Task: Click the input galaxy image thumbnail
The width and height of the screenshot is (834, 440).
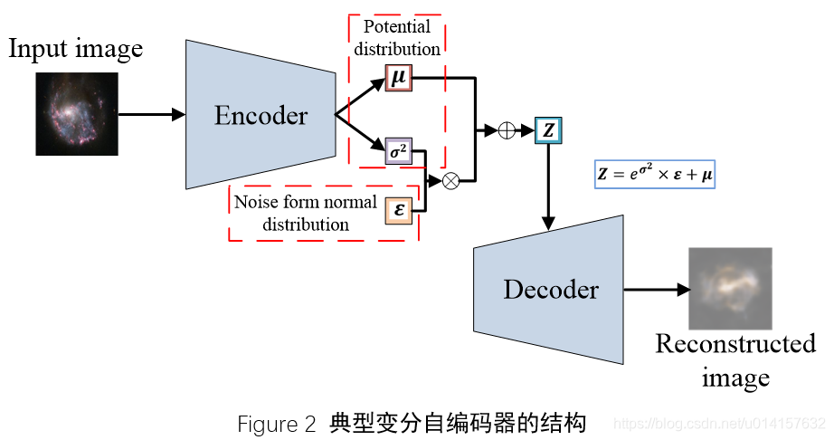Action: pyautogui.click(x=77, y=114)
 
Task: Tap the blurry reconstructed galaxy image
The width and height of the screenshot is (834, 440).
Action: pyautogui.click(x=730, y=289)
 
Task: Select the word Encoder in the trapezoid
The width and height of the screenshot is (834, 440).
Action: pyautogui.click(x=261, y=116)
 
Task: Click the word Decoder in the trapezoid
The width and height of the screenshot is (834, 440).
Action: pyautogui.click(x=551, y=290)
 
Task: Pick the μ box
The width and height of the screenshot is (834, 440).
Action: pyautogui.click(x=398, y=78)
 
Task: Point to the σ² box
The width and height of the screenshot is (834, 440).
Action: pyautogui.click(x=398, y=150)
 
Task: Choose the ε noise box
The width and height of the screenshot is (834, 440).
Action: pyautogui.click(x=398, y=210)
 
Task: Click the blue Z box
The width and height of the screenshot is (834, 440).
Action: pyautogui.click(x=548, y=130)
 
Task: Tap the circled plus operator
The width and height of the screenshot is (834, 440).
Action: pyautogui.click(x=507, y=130)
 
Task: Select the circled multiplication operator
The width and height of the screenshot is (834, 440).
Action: pyautogui.click(x=450, y=181)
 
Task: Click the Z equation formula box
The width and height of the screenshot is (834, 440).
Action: pyautogui.click(x=655, y=171)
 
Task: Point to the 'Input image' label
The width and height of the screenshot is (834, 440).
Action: pyautogui.click(x=76, y=48)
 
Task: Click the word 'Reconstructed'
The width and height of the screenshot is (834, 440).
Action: pyautogui.click(x=735, y=344)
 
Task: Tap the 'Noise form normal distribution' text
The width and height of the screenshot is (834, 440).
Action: pyautogui.click(x=305, y=213)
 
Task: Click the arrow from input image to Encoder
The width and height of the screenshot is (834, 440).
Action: pyautogui.click(x=151, y=115)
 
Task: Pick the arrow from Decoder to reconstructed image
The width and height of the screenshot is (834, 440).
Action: pyautogui.click(x=656, y=290)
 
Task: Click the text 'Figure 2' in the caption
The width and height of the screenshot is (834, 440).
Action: pyautogui.click(x=277, y=423)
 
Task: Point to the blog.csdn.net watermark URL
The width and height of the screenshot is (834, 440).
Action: pyautogui.click(x=719, y=424)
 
